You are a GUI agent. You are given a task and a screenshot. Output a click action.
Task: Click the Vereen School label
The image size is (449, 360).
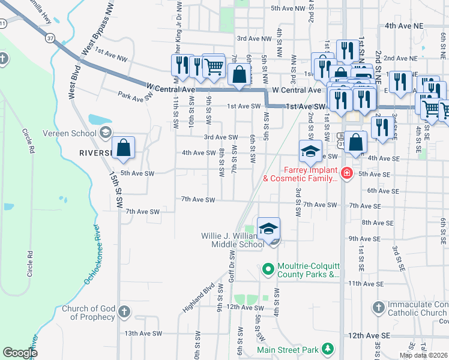click(x=69, y=133)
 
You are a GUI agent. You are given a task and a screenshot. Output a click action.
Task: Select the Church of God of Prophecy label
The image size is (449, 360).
click(x=88, y=312)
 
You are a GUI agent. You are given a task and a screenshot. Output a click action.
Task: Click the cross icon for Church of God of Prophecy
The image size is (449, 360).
click(x=124, y=311)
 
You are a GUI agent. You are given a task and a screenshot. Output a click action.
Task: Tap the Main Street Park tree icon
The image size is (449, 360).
click(x=328, y=349)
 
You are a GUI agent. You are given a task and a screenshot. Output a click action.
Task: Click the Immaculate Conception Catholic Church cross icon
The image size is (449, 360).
click(x=378, y=308)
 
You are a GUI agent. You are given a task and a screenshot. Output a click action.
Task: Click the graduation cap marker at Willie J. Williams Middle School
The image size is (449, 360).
click(x=268, y=229)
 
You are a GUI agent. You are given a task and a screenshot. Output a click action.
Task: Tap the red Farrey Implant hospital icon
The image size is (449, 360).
click(x=346, y=174)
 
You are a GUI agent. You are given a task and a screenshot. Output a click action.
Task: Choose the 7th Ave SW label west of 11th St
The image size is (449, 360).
click(x=143, y=212)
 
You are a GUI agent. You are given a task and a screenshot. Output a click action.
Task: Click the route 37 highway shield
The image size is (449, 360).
click(x=50, y=37)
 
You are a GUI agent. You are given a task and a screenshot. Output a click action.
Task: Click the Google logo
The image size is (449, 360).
click(x=20, y=353)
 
